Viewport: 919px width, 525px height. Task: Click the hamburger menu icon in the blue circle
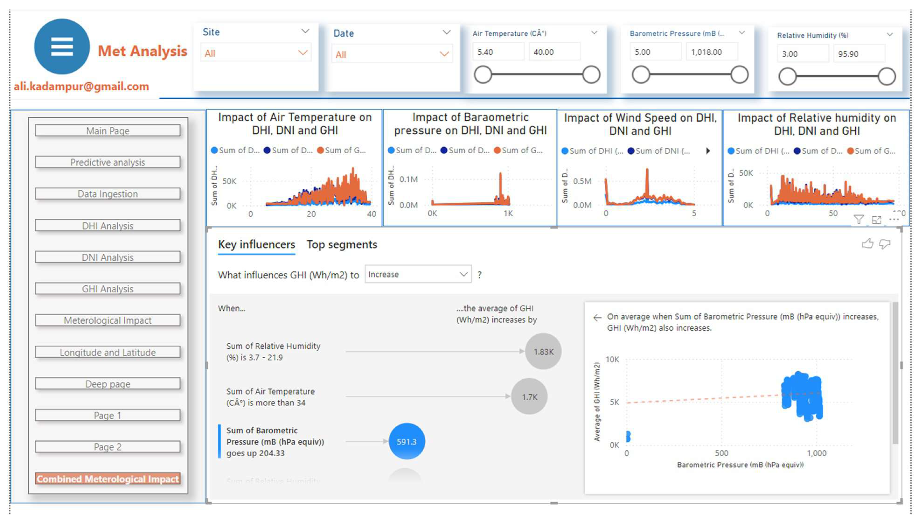click(62, 47)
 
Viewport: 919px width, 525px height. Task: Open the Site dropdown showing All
click(255, 53)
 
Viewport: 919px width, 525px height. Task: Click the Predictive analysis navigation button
click(107, 162)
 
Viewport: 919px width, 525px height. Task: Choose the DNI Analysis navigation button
click(107, 257)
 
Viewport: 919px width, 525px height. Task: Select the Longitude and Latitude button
click(107, 352)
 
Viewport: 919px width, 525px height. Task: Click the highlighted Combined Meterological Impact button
click(107, 478)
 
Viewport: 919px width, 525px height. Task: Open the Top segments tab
click(341, 244)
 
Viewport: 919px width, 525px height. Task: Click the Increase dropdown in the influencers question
click(417, 274)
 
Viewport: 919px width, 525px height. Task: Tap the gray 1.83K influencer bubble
click(543, 351)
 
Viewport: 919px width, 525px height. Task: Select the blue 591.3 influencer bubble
click(406, 441)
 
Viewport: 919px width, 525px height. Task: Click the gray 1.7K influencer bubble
click(529, 397)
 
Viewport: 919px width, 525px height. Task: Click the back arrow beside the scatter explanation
click(597, 317)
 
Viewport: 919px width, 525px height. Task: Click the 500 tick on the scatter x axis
click(721, 453)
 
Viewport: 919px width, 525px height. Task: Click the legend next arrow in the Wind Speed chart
click(708, 151)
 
